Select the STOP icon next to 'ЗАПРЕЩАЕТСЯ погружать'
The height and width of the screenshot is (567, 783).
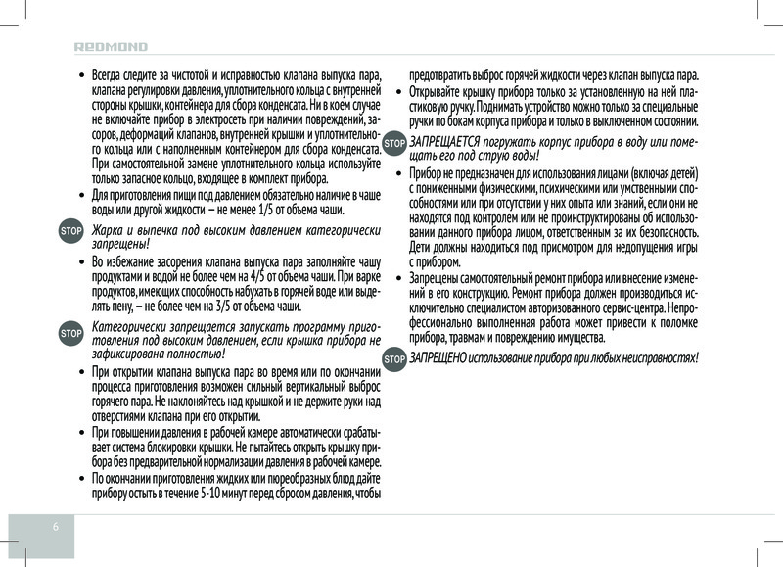click(394, 143)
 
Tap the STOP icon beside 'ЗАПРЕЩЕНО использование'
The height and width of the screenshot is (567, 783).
click(394, 358)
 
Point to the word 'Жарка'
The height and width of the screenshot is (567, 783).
click(108, 230)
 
